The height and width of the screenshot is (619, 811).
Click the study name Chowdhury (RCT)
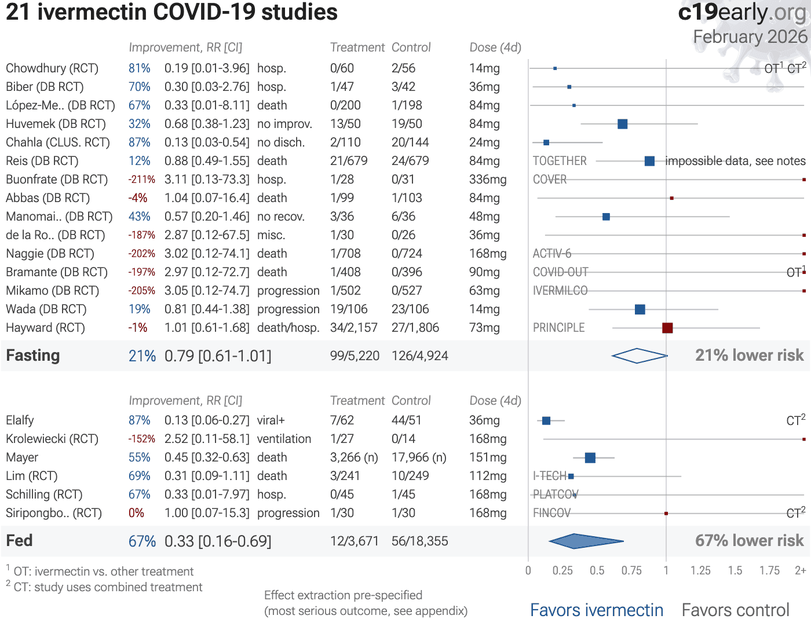(x=52, y=68)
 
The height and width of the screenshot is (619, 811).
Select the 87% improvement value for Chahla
(x=140, y=142)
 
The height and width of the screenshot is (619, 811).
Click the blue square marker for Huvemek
(x=623, y=124)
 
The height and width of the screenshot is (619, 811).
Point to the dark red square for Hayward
(x=667, y=328)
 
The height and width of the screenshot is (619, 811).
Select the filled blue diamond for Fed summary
(x=585, y=541)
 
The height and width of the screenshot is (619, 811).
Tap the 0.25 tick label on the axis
(x=562, y=571)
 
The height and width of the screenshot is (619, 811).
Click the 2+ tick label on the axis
(x=800, y=571)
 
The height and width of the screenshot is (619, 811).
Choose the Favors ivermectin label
(x=597, y=610)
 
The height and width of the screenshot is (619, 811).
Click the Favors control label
(x=735, y=610)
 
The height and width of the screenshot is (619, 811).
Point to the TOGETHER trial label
(x=560, y=161)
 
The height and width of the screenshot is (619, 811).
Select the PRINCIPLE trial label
(x=558, y=328)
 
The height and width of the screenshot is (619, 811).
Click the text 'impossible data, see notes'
(x=735, y=161)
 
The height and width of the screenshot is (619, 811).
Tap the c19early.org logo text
(x=743, y=13)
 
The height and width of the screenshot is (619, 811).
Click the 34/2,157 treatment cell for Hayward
(x=353, y=328)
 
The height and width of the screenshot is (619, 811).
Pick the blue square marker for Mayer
(x=590, y=457)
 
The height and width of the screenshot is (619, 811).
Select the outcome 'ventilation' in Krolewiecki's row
(x=284, y=439)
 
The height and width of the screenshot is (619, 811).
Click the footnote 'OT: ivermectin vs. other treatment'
(x=103, y=572)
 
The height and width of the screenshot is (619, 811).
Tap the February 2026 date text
(x=750, y=37)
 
